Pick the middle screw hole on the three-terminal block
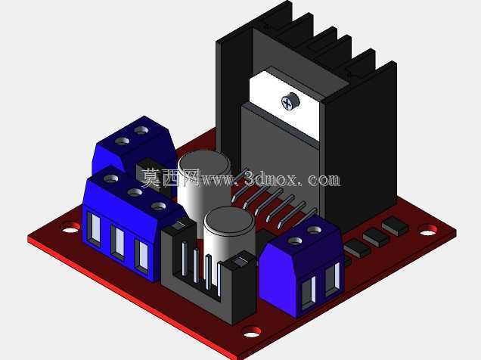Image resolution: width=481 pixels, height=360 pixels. [135, 193]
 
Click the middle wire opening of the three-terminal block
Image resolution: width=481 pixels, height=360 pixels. [117, 241]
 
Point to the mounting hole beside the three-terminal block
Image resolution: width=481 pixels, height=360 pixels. [71, 228]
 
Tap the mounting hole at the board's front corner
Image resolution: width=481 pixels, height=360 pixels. [252, 332]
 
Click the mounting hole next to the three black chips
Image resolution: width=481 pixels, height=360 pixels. [428, 230]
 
